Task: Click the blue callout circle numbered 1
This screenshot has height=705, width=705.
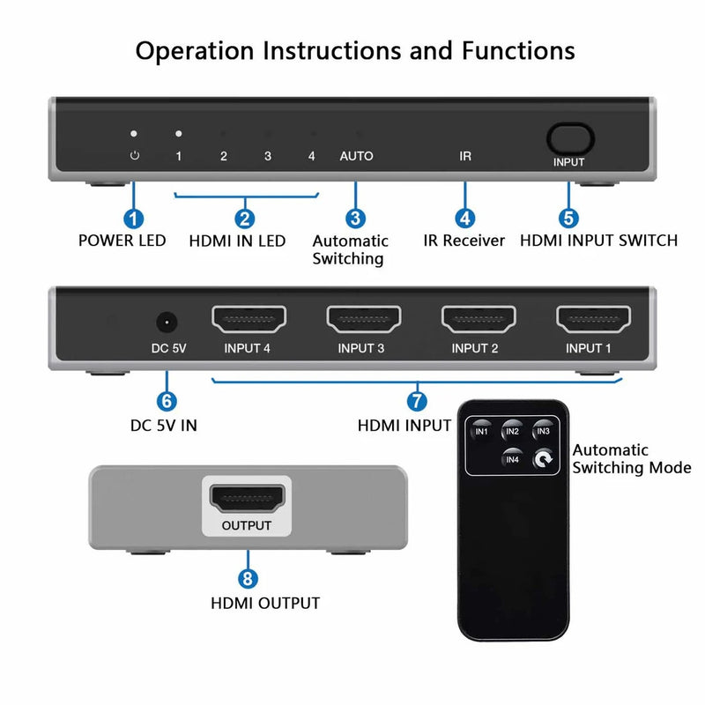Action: (x=134, y=217)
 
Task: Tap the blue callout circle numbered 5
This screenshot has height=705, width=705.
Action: (x=568, y=217)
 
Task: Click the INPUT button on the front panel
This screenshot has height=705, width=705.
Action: (x=568, y=139)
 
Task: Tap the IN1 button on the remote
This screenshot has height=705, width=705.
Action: (x=481, y=430)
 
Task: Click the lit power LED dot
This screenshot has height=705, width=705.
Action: (x=134, y=134)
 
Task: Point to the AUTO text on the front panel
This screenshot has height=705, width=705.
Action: (x=356, y=156)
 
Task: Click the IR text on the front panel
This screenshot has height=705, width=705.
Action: (x=465, y=156)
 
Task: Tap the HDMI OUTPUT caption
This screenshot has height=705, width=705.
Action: (x=264, y=604)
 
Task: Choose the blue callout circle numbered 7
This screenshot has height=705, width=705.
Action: (x=417, y=399)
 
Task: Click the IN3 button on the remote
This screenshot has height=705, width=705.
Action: (x=542, y=430)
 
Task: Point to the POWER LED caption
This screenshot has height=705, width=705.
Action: (x=122, y=241)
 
